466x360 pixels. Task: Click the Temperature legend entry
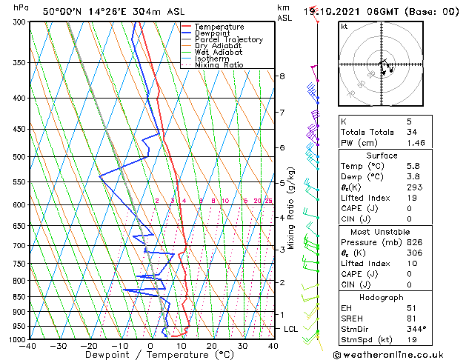pyautogui.click(x=219, y=27)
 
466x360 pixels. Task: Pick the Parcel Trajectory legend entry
pyautogui.click(x=228, y=40)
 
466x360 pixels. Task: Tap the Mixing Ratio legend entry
pyautogui.click(x=219, y=65)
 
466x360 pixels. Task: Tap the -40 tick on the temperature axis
pyautogui.click(x=29, y=346)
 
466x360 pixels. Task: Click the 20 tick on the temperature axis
pyautogui.click(x=212, y=346)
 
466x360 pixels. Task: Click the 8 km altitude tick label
pyautogui.click(x=282, y=76)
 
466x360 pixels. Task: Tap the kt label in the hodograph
pyautogui.click(x=344, y=27)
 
